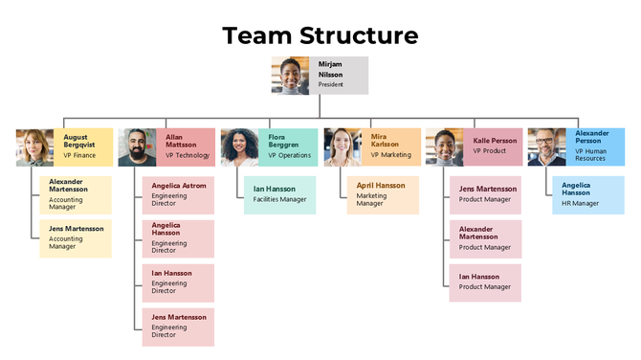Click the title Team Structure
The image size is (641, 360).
(x=320, y=35)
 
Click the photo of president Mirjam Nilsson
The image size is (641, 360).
(x=290, y=76)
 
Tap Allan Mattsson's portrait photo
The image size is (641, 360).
(x=137, y=147)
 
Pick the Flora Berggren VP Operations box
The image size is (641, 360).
(x=288, y=146)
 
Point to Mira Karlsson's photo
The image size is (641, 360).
(x=342, y=147)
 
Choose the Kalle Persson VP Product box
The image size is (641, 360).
(x=494, y=146)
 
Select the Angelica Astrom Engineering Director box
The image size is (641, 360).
(x=178, y=195)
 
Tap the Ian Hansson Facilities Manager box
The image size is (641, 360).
(x=279, y=194)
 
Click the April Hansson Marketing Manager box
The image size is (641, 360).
(x=383, y=194)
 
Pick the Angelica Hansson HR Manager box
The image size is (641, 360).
(x=587, y=194)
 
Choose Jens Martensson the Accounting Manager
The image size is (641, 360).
(x=75, y=238)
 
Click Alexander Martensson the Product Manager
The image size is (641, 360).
(x=486, y=238)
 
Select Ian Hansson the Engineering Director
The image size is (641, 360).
(x=178, y=283)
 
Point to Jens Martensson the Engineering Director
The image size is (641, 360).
(x=178, y=326)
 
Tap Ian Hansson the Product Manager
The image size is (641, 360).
(x=486, y=282)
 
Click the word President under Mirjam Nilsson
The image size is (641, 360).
(x=331, y=84)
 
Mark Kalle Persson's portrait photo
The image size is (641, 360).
(x=445, y=147)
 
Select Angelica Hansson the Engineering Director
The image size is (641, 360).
(x=178, y=238)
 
